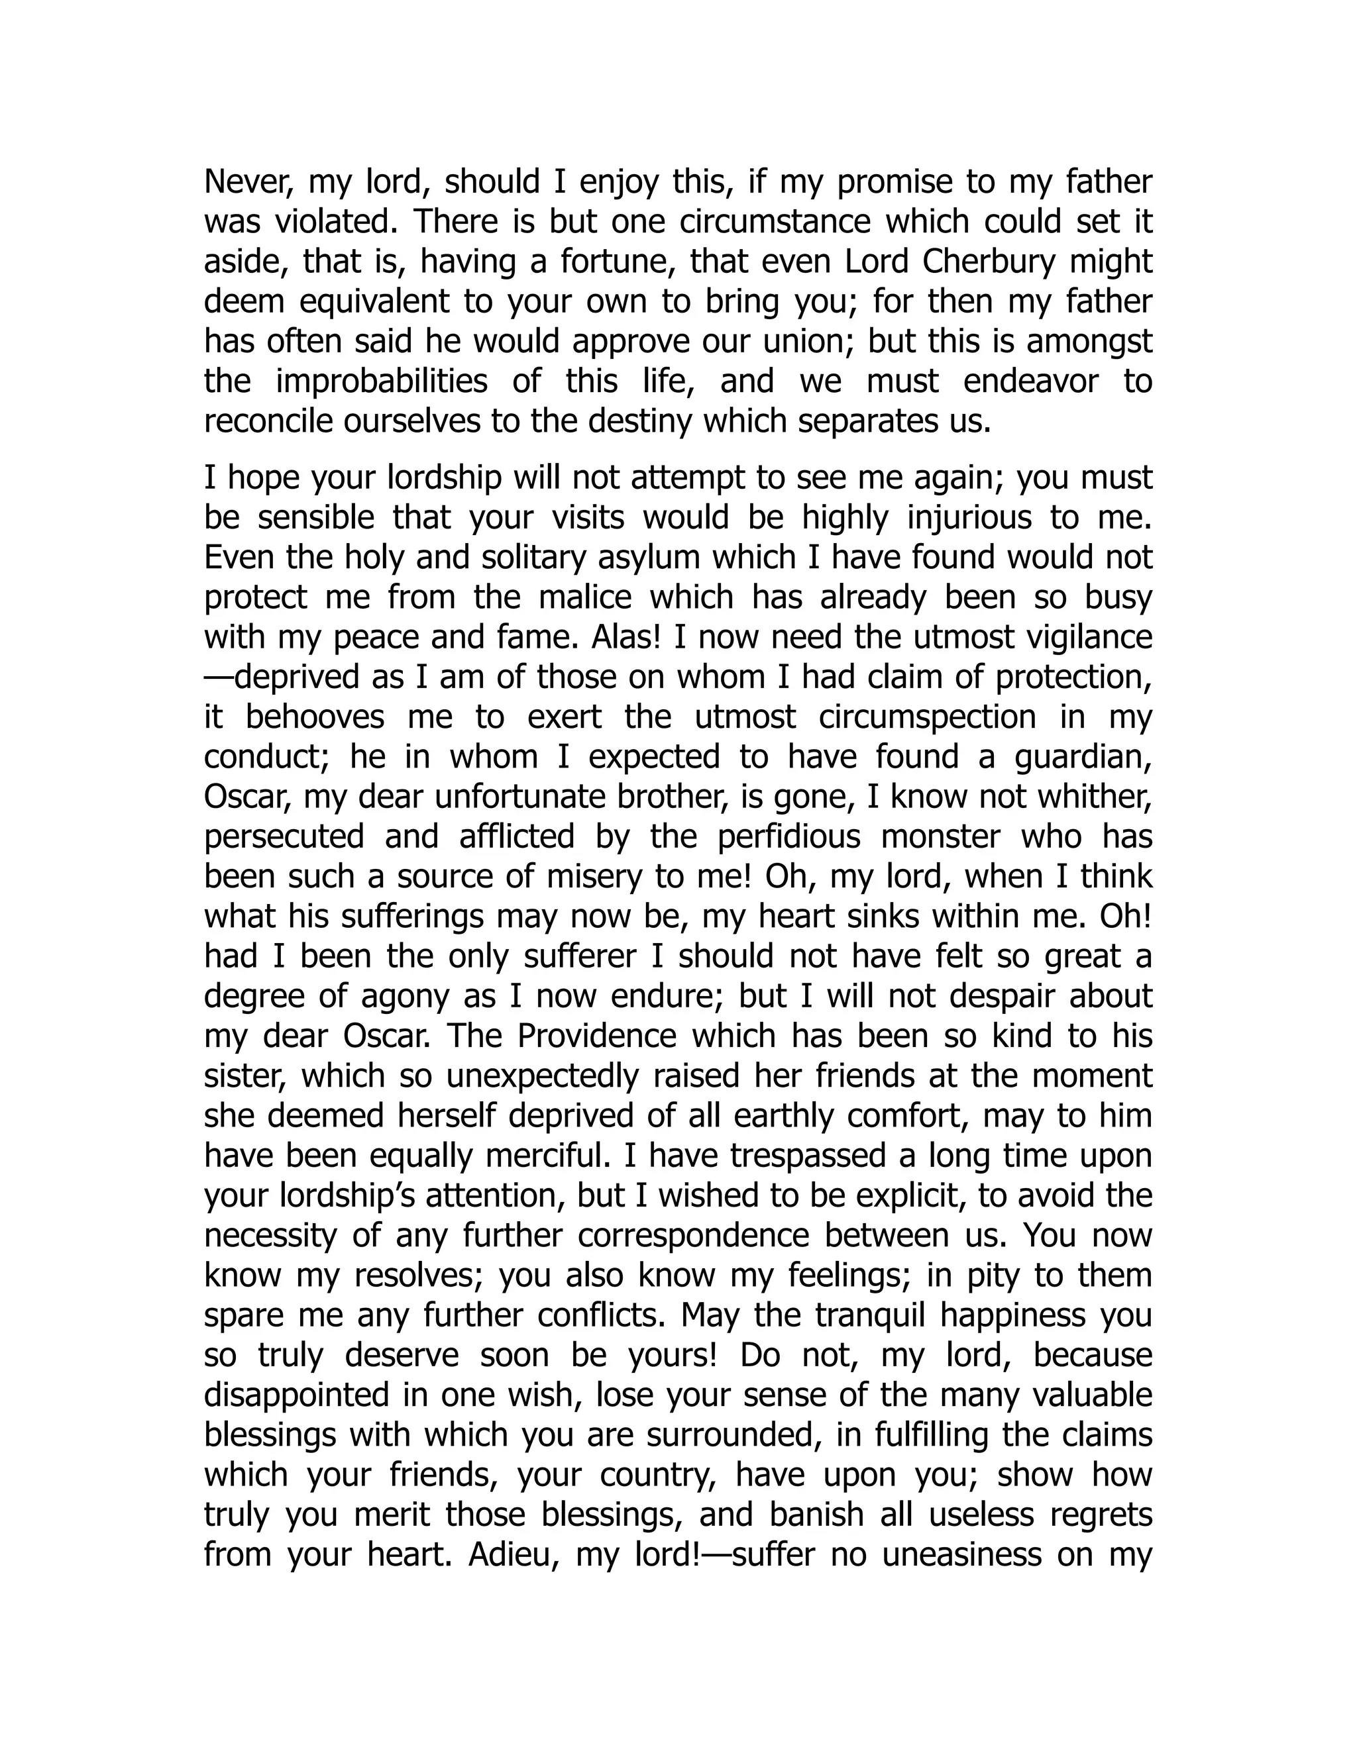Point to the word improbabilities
(381, 381)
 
